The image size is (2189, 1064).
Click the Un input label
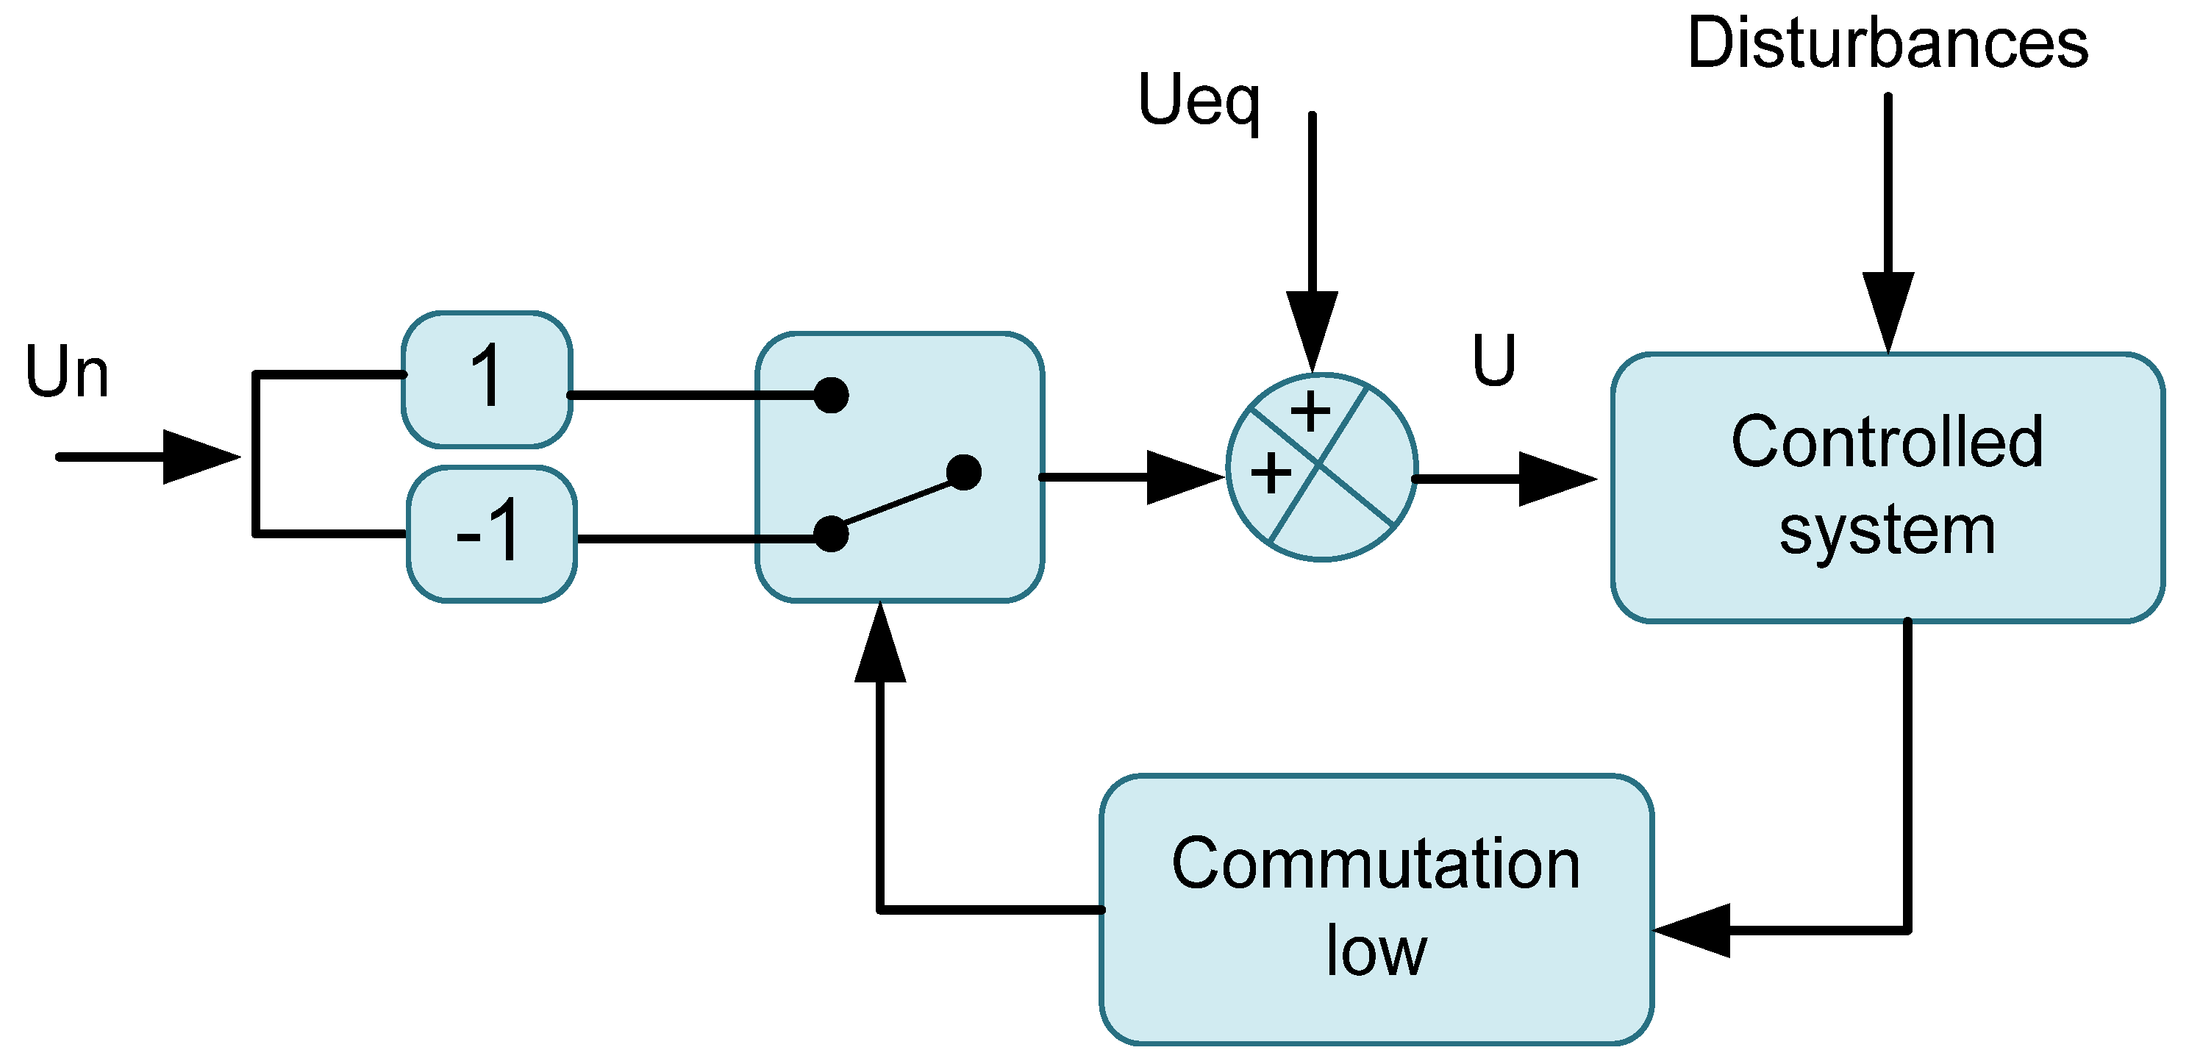coord(67,372)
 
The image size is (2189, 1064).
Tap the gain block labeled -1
coord(491,534)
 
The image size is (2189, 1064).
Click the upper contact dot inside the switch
coord(831,395)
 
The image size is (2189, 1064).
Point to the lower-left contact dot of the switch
coord(831,535)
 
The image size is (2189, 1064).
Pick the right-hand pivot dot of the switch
coord(964,473)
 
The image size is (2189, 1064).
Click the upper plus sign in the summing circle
coord(1310,413)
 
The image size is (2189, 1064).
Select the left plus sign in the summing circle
coord(1271,474)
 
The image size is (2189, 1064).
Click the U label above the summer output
coord(1494,360)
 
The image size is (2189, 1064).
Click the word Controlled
coord(1887,443)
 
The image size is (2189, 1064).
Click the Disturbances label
coord(1888,44)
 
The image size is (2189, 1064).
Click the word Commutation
coord(1376,864)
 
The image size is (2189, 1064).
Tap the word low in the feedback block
coord(1376,951)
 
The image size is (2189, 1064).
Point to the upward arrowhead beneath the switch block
coord(880,646)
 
